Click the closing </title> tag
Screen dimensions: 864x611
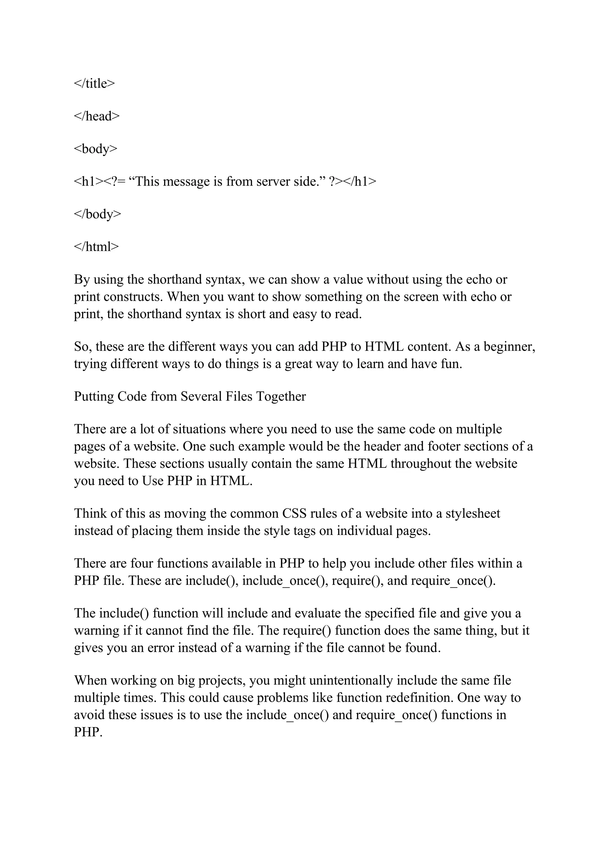pos(94,84)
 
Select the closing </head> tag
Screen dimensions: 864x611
pos(97,116)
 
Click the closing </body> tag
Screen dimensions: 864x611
pos(98,214)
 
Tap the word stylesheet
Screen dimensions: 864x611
pos(473,514)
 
